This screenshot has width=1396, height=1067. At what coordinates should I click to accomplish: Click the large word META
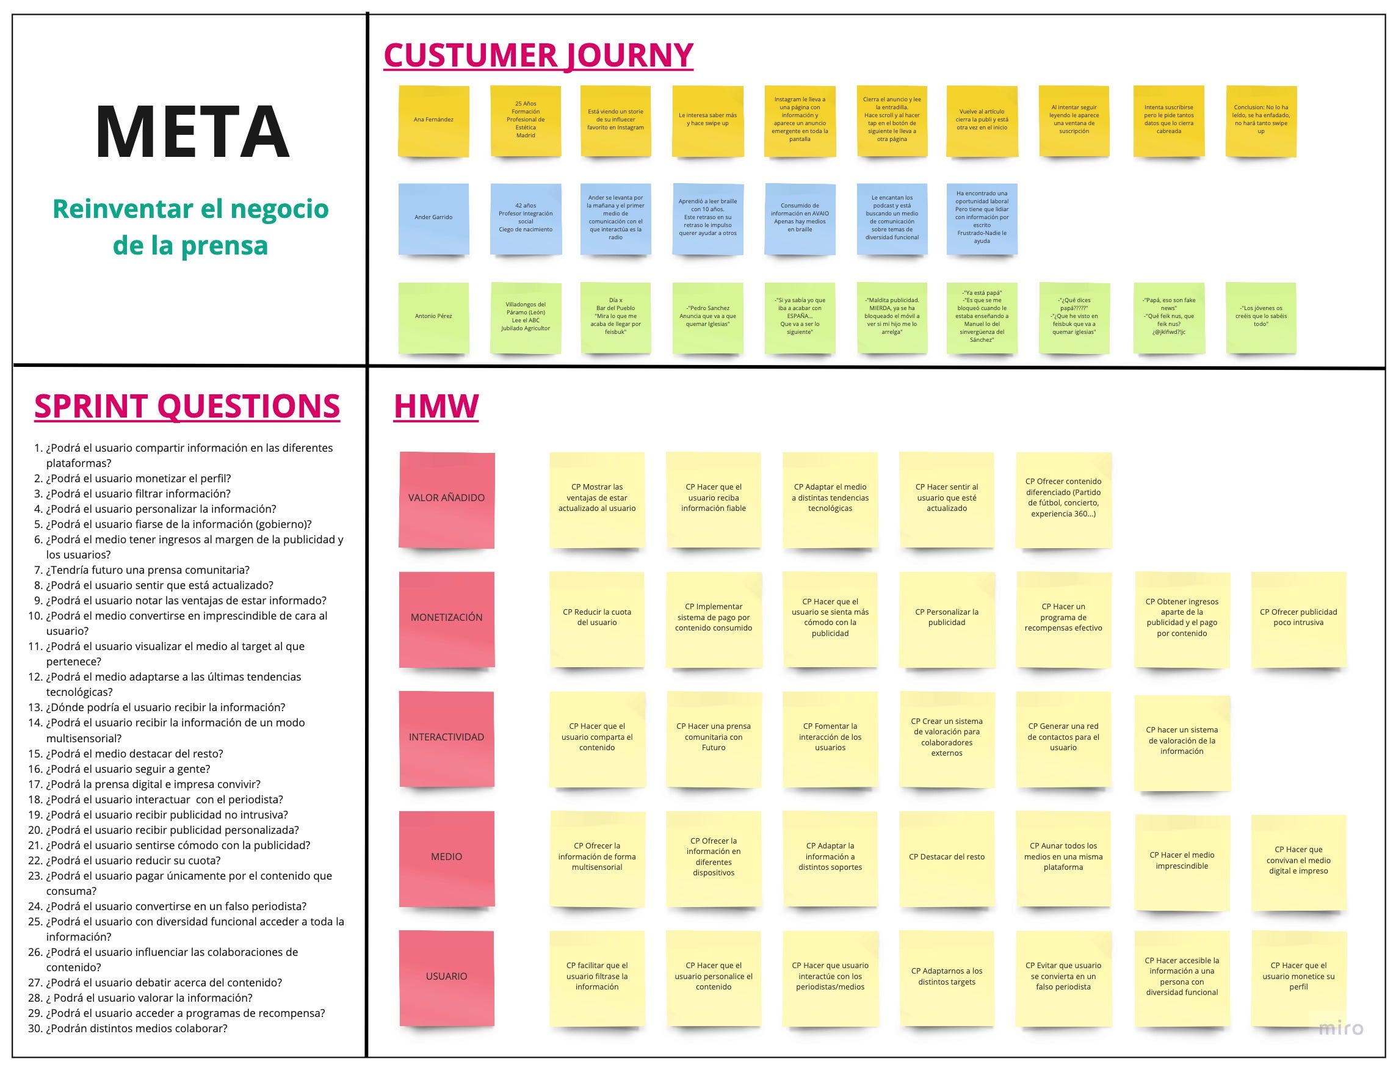192,132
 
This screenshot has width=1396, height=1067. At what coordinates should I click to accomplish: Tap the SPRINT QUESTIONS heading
187,406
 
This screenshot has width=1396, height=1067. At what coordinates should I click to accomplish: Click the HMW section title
436,406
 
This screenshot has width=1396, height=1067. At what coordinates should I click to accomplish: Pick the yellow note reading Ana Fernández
433,120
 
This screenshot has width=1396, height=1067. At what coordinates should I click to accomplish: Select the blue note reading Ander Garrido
433,218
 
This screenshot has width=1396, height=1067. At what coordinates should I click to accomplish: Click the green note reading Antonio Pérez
433,316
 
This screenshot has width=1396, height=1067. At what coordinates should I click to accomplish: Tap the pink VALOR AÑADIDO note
446,499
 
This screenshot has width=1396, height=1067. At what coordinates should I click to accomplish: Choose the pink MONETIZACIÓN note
446,618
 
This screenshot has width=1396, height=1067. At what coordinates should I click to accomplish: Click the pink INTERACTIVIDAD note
446,737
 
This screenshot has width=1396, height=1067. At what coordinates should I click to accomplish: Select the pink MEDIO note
446,858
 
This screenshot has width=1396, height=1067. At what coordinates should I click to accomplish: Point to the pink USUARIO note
446,977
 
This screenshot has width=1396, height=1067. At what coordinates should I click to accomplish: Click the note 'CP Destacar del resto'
946,858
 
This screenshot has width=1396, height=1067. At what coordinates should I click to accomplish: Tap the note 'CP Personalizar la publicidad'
946,618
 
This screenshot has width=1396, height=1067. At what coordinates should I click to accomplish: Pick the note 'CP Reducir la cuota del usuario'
596,618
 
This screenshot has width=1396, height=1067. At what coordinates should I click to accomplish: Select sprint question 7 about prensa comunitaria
147,570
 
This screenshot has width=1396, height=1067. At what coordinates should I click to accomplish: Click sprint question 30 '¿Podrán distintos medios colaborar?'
136,1029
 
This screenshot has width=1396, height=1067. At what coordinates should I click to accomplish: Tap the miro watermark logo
1340,1029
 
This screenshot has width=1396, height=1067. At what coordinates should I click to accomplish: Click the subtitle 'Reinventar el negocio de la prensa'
190,226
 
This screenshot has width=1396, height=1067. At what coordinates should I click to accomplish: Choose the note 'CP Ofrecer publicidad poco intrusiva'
1298,618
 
